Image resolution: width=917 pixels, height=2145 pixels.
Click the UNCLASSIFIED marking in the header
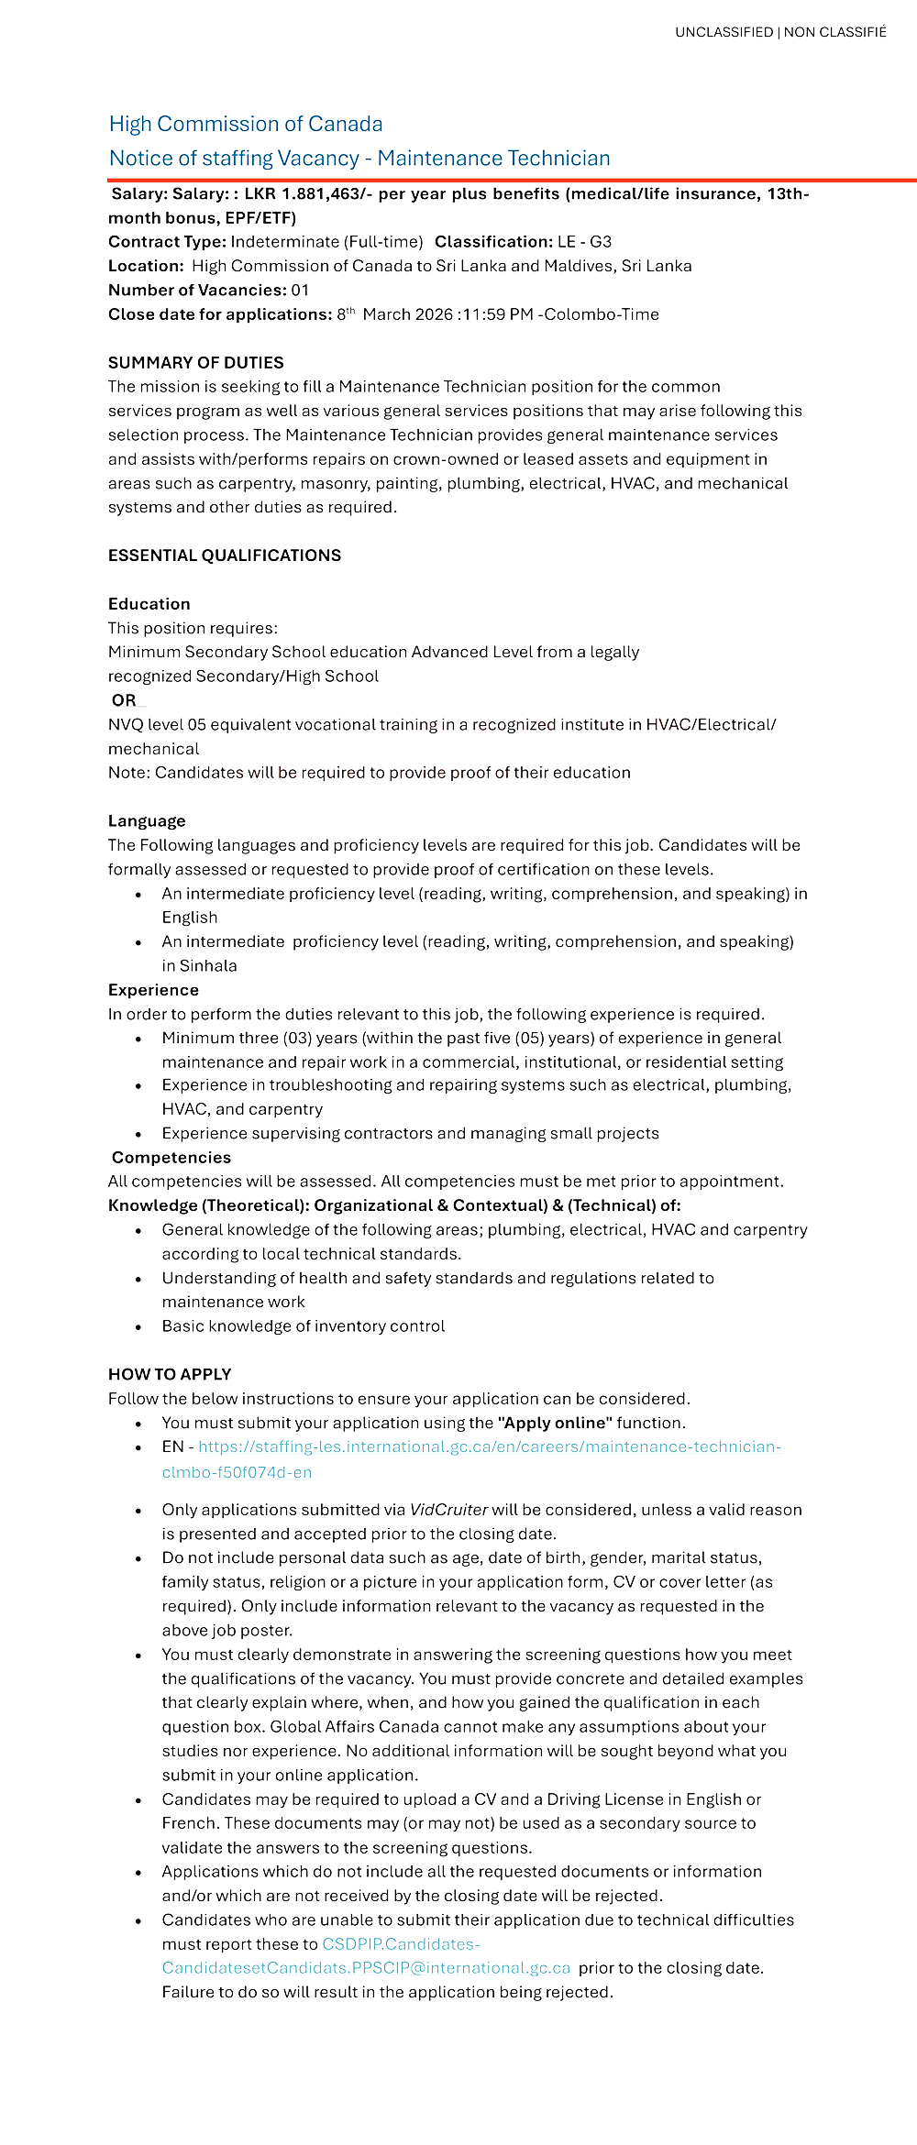coord(724,32)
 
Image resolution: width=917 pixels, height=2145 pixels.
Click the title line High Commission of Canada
coord(246,124)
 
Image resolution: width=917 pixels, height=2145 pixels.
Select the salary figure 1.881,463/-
coord(309,193)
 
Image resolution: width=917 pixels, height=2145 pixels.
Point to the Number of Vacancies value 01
coord(300,291)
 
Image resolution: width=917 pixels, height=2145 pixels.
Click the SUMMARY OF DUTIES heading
coord(195,363)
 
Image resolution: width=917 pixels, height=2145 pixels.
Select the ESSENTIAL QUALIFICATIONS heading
coord(224,555)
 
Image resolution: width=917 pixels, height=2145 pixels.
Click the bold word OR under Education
coord(124,700)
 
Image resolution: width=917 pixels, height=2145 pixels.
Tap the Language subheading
coord(147,821)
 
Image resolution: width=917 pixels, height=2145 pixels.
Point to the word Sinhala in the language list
coord(208,966)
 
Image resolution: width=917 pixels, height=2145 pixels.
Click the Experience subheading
coord(153,990)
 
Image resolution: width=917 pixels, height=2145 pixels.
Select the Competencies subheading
coord(171,1158)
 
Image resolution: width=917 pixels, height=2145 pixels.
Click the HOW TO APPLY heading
coord(170,1374)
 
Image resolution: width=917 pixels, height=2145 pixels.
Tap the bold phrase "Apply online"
coord(555,1423)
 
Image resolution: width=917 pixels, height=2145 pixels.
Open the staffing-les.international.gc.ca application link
coord(489,1446)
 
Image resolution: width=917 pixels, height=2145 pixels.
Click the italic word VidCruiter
coord(448,1510)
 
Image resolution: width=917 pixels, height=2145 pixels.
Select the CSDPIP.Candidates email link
coord(401,1943)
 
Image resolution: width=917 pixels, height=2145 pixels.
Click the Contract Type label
coord(167,242)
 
